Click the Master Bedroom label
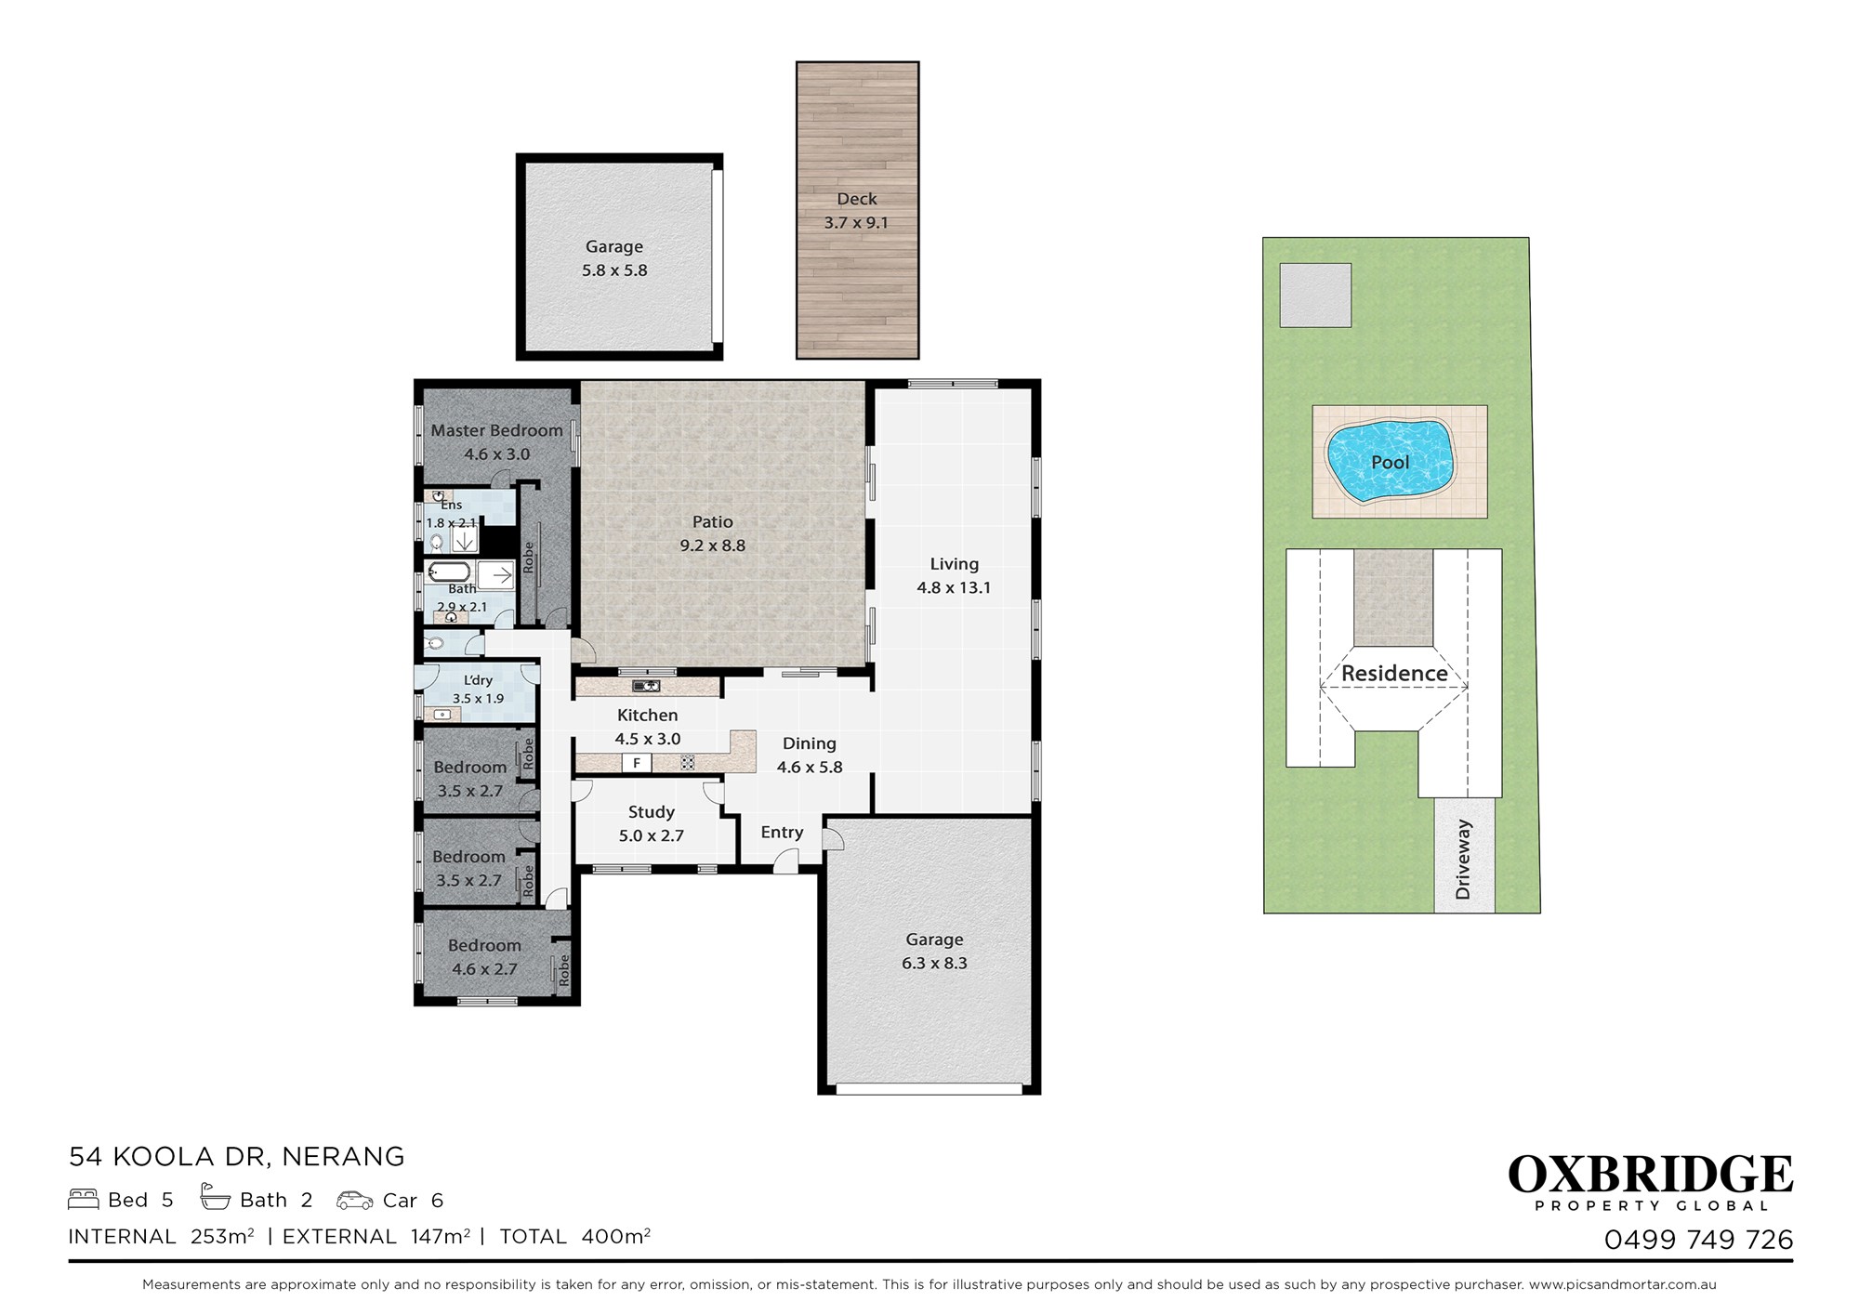(x=496, y=430)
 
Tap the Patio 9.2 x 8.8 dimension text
(x=712, y=545)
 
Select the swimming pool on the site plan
(x=1390, y=462)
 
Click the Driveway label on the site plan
(x=1463, y=859)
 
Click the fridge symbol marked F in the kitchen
(x=637, y=763)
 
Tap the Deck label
(x=856, y=199)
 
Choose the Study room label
(x=651, y=812)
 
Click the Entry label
(x=782, y=833)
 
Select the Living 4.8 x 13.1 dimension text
(x=954, y=587)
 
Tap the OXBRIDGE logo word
(x=1650, y=1175)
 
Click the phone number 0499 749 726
(x=1698, y=1240)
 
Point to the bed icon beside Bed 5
(x=84, y=1199)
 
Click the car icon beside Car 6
(x=355, y=1201)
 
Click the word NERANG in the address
(x=343, y=1157)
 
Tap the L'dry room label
(x=478, y=680)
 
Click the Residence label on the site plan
(x=1394, y=673)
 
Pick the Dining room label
(x=809, y=743)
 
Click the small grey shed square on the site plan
(x=1315, y=296)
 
